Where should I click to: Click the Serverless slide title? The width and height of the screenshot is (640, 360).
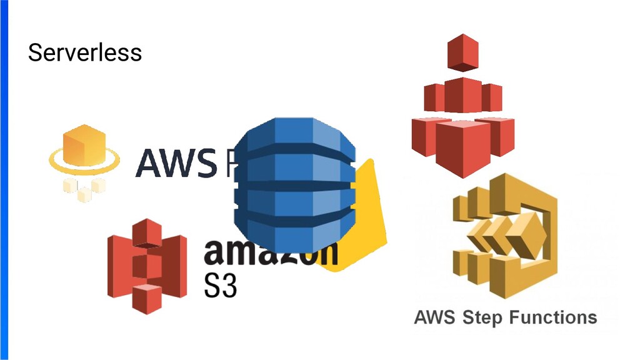[x=85, y=52]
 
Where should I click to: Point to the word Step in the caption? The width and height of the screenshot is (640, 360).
[x=482, y=317]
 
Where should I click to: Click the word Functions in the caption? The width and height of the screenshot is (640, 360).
[x=552, y=317]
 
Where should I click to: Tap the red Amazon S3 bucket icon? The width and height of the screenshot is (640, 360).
[x=147, y=265]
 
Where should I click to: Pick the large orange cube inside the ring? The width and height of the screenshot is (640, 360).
[x=84, y=147]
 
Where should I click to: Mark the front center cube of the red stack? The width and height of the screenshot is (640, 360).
[x=463, y=147]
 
